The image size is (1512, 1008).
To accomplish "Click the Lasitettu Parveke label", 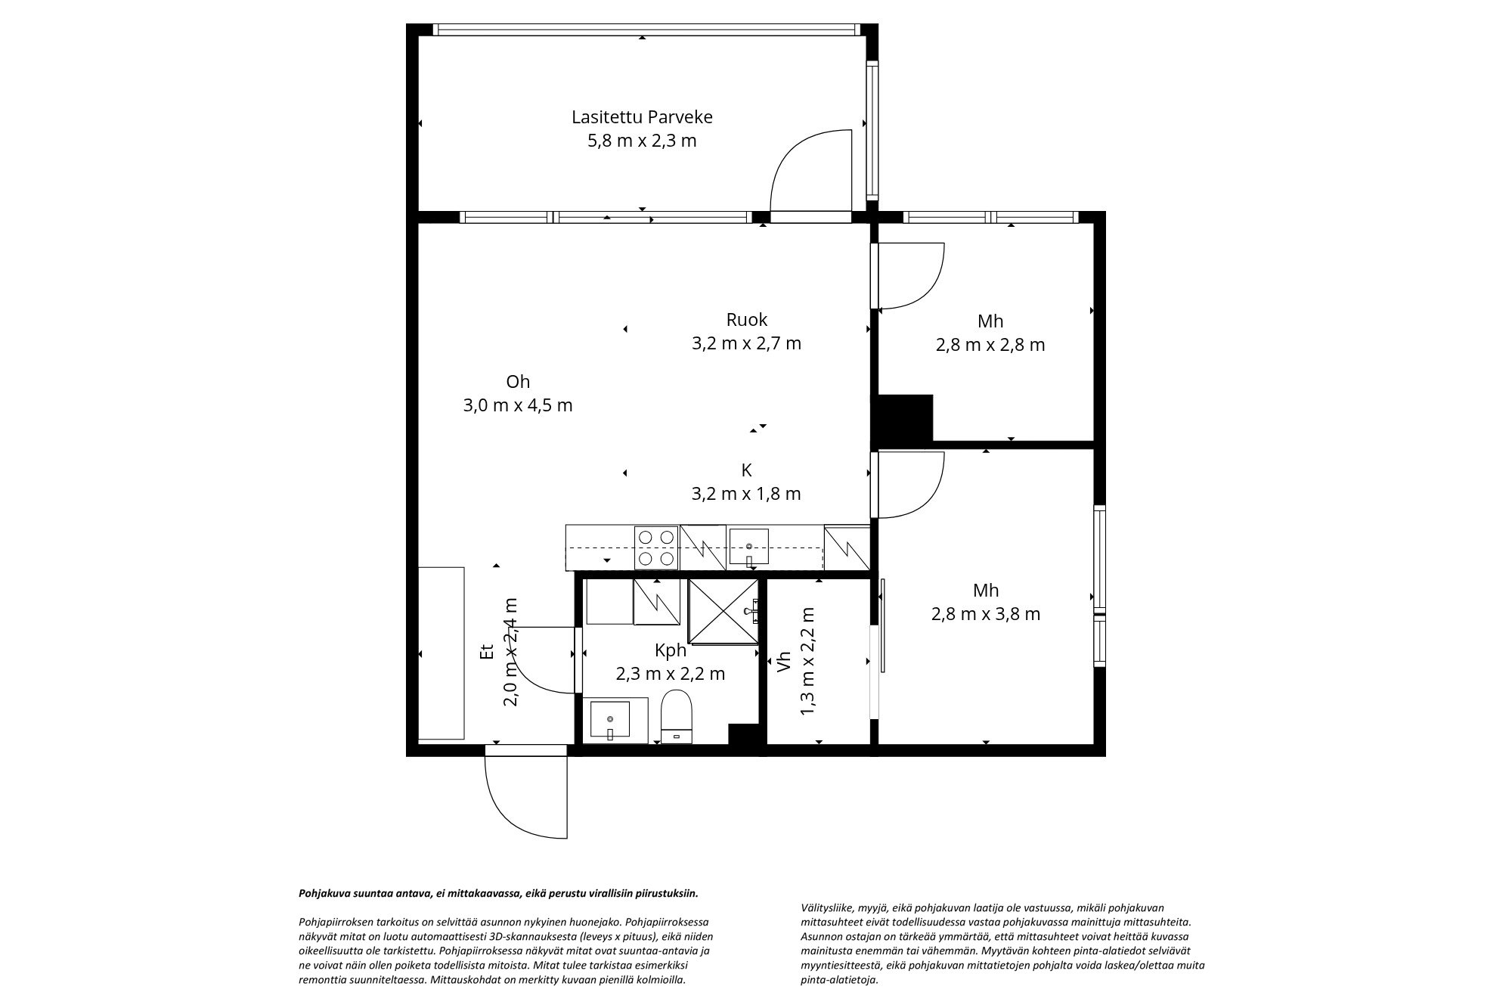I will pyautogui.click(x=642, y=117).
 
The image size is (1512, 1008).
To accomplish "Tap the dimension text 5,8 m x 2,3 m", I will pyautogui.click(x=642, y=141).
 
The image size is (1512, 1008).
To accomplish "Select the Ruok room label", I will pyautogui.click(x=746, y=319).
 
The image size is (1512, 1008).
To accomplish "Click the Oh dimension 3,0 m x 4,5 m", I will pyautogui.click(x=518, y=405).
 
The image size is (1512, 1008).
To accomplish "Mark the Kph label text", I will pyautogui.click(x=670, y=650).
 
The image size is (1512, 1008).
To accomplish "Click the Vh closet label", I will pyautogui.click(x=784, y=662).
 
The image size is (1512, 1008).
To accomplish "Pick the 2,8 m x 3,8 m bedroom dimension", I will pyautogui.click(x=986, y=614).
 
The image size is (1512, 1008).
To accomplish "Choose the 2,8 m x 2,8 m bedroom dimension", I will pyautogui.click(x=990, y=345).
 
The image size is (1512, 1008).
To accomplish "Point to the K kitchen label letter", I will pyautogui.click(x=746, y=470).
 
